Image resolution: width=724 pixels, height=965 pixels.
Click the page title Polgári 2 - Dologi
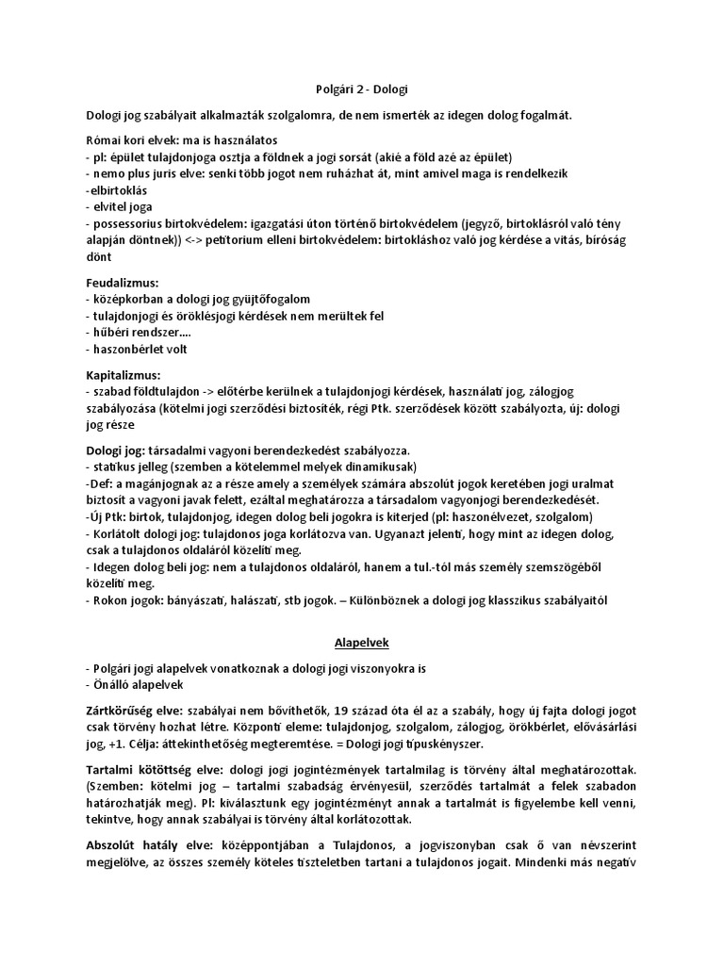point(361,90)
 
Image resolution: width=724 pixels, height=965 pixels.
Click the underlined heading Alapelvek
point(361,642)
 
